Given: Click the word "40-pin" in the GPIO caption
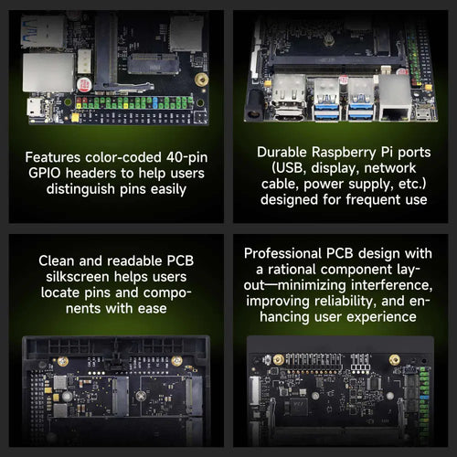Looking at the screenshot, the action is click(186, 157).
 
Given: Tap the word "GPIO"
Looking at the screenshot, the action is click(45, 173).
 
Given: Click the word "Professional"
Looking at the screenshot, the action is click(282, 253).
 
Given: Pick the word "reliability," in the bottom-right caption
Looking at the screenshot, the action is click(345, 301).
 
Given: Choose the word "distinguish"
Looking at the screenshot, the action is click(80, 189).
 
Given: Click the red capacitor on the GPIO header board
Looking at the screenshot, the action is click(84, 85).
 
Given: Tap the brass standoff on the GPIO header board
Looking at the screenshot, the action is click(201, 80).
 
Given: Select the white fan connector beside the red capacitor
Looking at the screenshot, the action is click(84, 61).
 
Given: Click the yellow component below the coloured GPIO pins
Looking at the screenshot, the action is click(75, 118).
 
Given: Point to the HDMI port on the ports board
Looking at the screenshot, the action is click(288, 114).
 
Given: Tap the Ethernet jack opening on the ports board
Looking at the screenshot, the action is click(395, 113).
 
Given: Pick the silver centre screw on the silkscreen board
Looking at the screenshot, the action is click(141, 396).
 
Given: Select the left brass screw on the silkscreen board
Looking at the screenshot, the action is click(63, 362).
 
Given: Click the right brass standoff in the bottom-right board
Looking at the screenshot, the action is click(395, 360).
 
